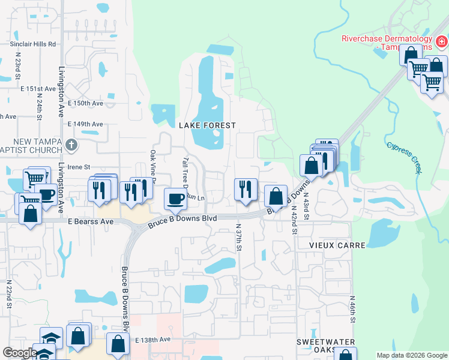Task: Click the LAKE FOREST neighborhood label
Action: pyautogui.click(x=207, y=125)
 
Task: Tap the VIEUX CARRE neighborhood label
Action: pyautogui.click(x=329, y=245)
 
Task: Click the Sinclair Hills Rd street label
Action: pyautogui.click(x=32, y=44)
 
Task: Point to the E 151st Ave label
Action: pyautogui.click(x=38, y=89)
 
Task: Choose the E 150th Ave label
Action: pyautogui.click(x=86, y=103)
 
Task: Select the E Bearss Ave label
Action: pyautogui.click(x=91, y=221)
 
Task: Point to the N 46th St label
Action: pyautogui.click(x=352, y=310)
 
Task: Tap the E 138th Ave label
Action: pyautogui.click(x=153, y=340)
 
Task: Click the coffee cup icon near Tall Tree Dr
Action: pyautogui.click(x=175, y=199)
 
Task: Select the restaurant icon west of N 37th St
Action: pyautogui.click(x=245, y=189)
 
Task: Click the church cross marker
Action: pyautogui.click(x=71, y=145)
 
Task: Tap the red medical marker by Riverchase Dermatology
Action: pyautogui.click(x=441, y=41)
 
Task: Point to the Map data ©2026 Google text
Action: pyautogui.click(x=411, y=355)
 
